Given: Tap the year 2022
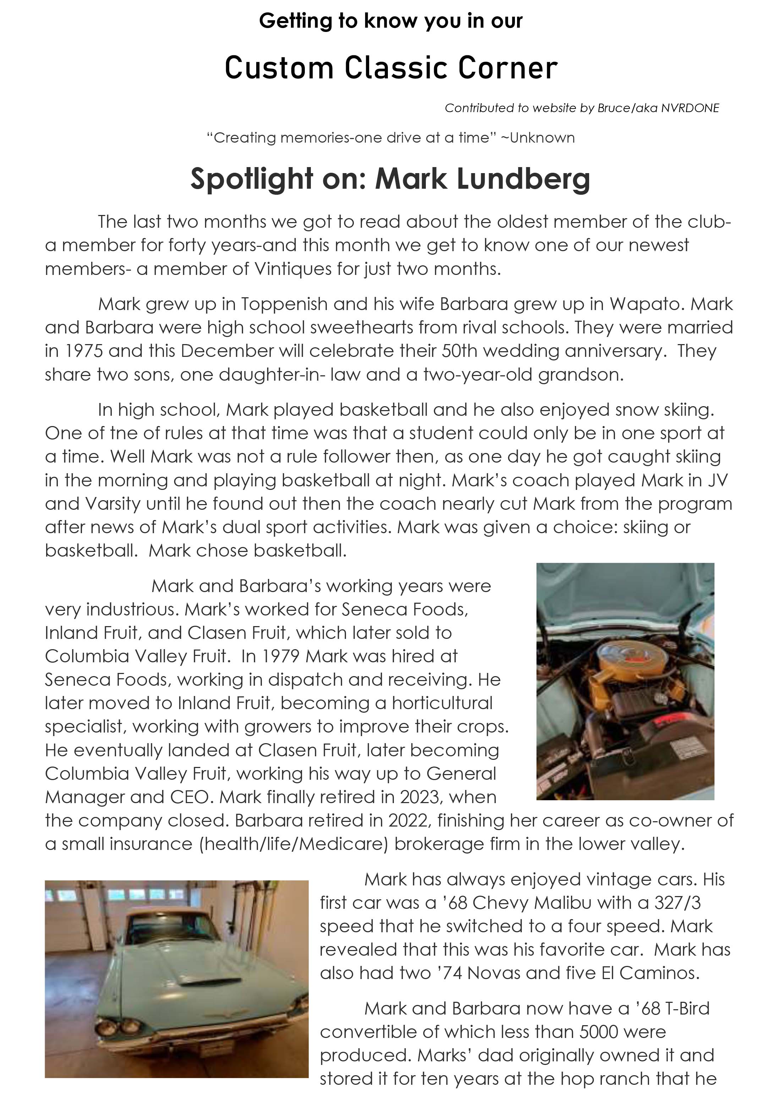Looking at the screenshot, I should tap(408, 820).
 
